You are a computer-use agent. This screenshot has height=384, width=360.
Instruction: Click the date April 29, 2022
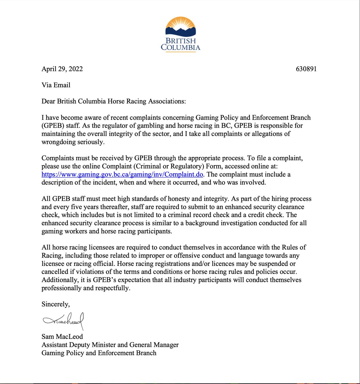coord(62,69)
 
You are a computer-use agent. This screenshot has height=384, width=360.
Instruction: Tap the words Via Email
coord(56,85)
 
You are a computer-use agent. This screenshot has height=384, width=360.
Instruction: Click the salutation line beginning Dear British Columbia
coord(113,101)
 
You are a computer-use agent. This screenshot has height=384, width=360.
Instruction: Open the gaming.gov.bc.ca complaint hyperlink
coord(122,175)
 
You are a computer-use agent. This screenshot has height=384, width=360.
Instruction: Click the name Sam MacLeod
coord(62,337)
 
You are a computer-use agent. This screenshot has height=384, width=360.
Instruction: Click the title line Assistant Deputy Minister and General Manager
coord(110,345)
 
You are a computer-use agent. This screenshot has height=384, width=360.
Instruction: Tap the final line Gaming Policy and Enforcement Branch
coord(99,353)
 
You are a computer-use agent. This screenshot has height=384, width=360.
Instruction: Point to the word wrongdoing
coord(57,142)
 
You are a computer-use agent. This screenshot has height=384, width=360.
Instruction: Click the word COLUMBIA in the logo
coord(180,48)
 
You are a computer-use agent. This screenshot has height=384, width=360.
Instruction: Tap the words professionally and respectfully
coord(86,288)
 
